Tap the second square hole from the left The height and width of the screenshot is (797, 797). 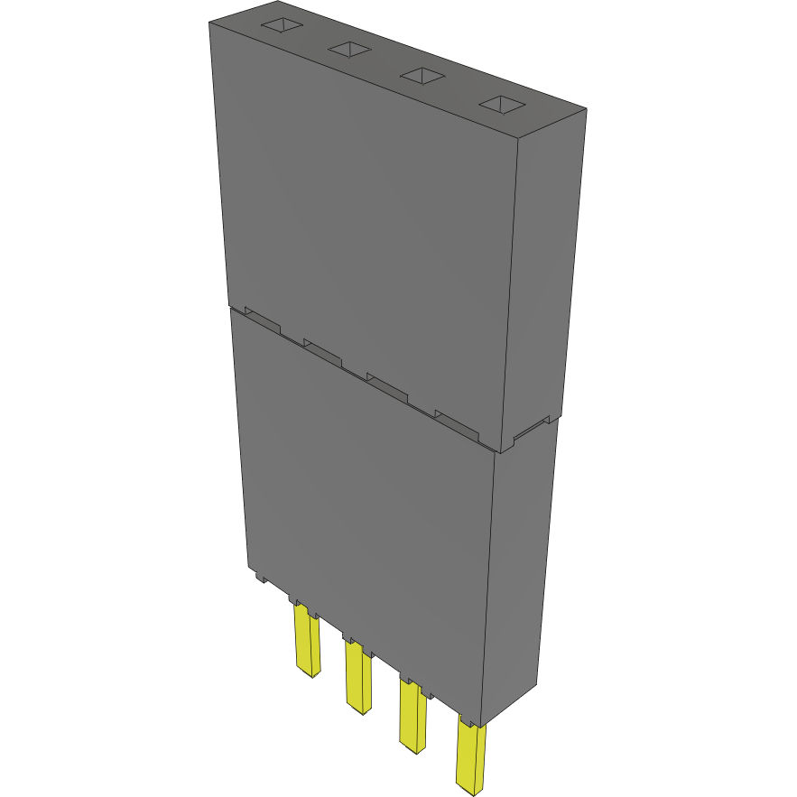click(x=350, y=50)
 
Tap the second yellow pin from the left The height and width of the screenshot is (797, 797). click(x=358, y=677)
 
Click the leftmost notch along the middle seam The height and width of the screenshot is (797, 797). click(x=263, y=320)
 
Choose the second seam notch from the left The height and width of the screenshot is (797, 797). click(x=323, y=350)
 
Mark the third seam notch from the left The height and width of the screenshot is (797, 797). click(x=387, y=385)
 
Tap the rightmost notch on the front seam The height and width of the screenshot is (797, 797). click(x=455, y=421)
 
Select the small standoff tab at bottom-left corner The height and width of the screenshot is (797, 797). click(x=257, y=575)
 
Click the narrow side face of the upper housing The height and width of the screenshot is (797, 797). click(x=546, y=271)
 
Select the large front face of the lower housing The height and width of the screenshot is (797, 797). click(x=361, y=505)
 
